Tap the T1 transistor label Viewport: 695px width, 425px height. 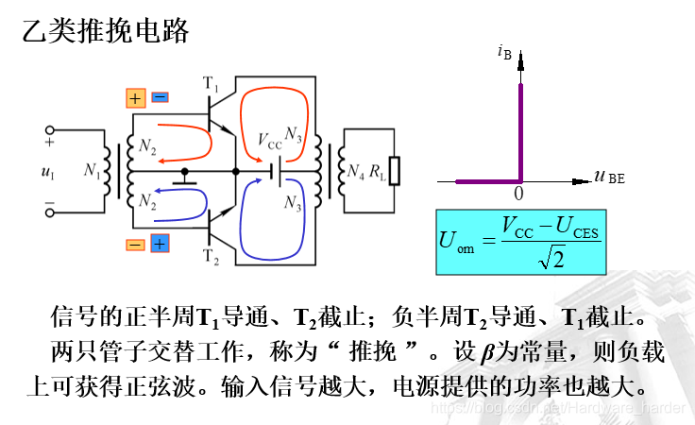click(x=211, y=87)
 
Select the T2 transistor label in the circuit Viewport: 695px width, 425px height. click(x=211, y=255)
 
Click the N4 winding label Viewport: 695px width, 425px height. click(x=355, y=171)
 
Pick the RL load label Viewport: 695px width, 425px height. click(x=378, y=171)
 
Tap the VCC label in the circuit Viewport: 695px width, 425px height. click(x=269, y=142)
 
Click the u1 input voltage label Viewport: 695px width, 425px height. click(x=47, y=172)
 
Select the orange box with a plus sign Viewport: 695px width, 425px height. click(x=135, y=97)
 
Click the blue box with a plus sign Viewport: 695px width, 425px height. click(x=160, y=244)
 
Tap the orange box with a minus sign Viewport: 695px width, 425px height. click(x=135, y=244)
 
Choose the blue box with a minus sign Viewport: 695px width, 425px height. click(x=160, y=97)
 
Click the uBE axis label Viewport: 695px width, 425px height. click(x=610, y=175)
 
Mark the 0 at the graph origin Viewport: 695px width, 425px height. click(x=518, y=193)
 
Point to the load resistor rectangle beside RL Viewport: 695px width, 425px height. click(x=396, y=171)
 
